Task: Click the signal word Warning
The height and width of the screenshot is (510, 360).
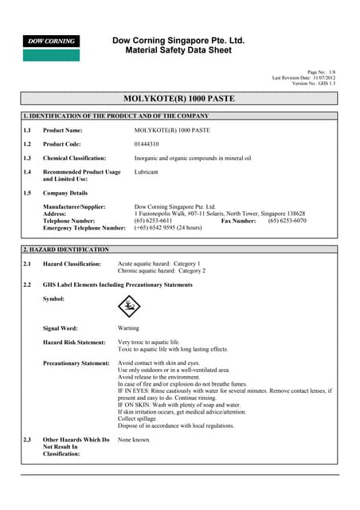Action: pyautogui.click(x=128, y=328)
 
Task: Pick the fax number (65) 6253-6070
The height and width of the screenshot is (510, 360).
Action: pyautogui.click(x=287, y=221)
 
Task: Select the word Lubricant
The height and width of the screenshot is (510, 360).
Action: pyautogui.click(x=147, y=171)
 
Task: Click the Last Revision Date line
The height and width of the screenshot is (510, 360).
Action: pyautogui.click(x=305, y=77)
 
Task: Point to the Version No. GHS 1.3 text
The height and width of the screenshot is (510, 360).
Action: pyautogui.click(x=314, y=83)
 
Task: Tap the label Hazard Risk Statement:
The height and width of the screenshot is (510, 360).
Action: pyautogui.click(x=74, y=342)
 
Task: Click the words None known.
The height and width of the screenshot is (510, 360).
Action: pyautogui.click(x=134, y=439)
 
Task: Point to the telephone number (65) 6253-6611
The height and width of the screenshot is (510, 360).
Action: pyautogui.click(x=153, y=221)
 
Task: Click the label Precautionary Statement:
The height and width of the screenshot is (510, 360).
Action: pyautogui.click(x=76, y=363)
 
